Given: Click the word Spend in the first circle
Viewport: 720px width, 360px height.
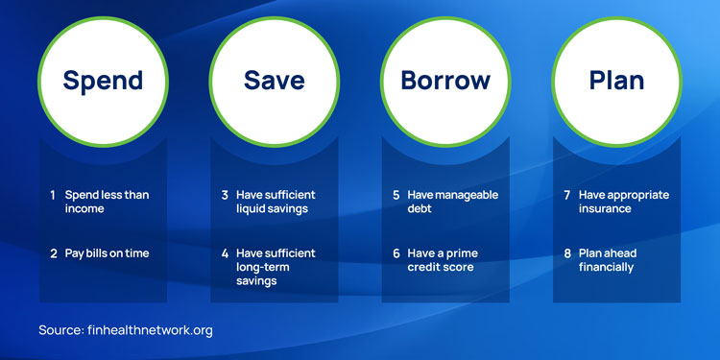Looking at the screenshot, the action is [103, 81].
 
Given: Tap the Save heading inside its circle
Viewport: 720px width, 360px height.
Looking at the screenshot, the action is [275, 80].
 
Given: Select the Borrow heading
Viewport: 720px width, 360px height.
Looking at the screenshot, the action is [445, 80].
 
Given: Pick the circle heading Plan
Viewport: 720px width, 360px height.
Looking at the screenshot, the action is [616, 80].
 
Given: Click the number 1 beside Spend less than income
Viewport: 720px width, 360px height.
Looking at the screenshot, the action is [53, 195].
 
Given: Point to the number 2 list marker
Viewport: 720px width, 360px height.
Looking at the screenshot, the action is [54, 253].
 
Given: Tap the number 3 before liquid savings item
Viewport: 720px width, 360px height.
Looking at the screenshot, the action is [225, 195].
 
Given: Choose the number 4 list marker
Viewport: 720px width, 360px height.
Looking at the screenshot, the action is [225, 253].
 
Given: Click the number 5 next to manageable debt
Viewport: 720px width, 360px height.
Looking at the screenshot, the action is [396, 195].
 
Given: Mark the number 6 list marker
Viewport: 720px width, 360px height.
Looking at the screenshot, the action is [396, 253].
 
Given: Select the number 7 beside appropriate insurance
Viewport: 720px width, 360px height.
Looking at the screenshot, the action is [567, 195].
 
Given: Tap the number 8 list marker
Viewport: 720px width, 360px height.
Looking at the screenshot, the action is [567, 253].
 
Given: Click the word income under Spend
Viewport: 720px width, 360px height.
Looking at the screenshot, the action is [84, 209].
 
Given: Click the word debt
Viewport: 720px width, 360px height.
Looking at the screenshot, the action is [420, 209].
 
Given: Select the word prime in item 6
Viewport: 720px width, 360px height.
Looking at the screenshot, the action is [463, 253].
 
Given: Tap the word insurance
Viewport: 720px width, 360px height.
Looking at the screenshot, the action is [605, 209].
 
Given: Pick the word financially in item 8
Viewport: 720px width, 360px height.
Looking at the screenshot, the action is [606, 267].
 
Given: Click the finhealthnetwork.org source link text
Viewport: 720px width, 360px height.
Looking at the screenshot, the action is [150, 330].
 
